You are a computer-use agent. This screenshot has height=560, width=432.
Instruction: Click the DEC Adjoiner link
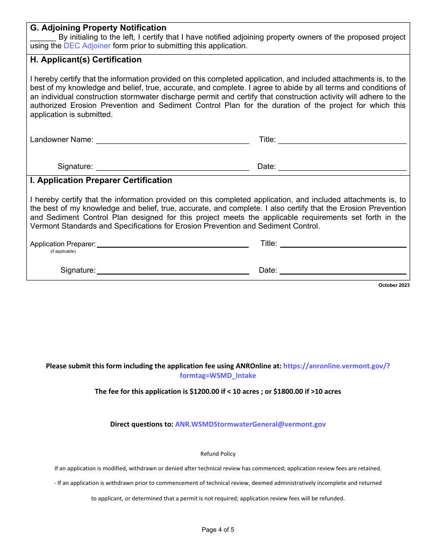click(87, 46)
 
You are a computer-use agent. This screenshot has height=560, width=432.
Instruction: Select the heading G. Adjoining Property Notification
click(98, 28)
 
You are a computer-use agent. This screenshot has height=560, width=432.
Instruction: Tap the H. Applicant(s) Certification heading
click(86, 60)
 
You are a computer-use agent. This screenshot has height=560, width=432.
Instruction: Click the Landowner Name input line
click(172, 140)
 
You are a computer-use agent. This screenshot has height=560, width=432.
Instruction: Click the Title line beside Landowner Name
click(342, 140)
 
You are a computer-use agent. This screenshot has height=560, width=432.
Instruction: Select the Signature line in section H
click(172, 167)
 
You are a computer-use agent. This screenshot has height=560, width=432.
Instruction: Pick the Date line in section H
click(342, 167)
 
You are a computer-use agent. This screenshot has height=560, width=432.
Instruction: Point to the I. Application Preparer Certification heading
click(101, 180)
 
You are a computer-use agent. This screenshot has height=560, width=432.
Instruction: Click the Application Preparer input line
click(173, 244)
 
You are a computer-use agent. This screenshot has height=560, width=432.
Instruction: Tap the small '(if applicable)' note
click(63, 251)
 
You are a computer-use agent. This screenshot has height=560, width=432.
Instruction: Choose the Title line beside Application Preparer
click(343, 244)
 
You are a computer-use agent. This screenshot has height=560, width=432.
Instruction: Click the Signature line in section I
click(173, 271)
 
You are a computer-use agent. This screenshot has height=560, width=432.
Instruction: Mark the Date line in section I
click(343, 271)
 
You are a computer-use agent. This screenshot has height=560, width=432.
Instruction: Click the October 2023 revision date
click(394, 285)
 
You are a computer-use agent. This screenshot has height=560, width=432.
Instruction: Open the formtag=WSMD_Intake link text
click(218, 376)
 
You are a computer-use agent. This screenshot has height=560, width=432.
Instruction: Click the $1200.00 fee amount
click(204, 392)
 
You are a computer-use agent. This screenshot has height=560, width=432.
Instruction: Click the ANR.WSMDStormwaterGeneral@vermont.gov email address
click(250, 424)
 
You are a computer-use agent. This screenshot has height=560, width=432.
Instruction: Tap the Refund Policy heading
click(218, 454)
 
